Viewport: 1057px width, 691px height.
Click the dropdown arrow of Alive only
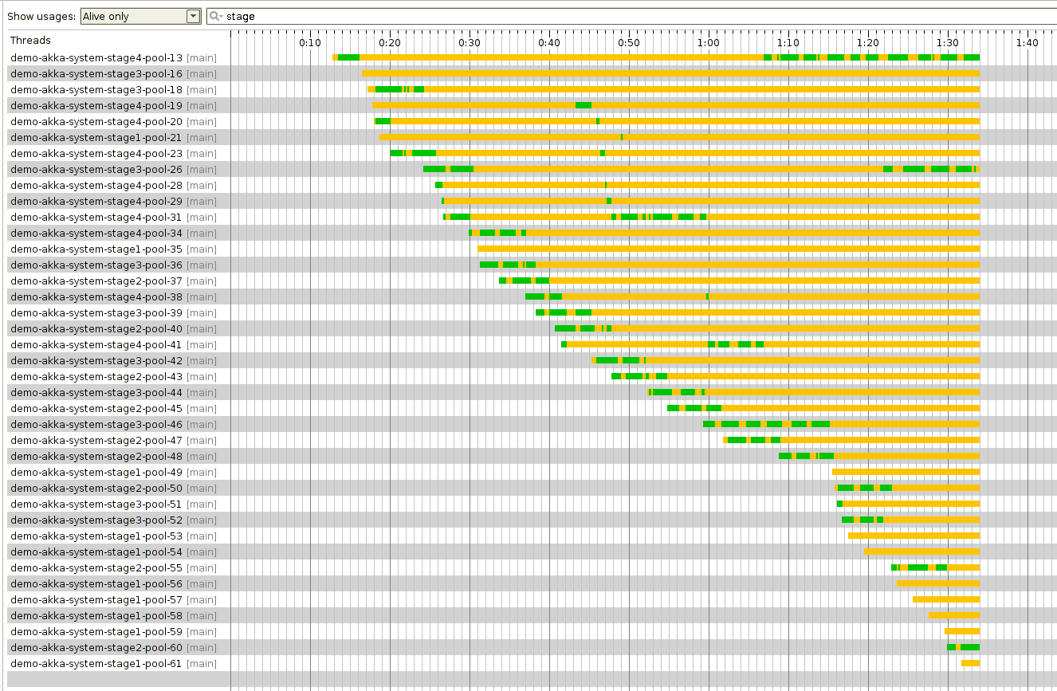(193, 17)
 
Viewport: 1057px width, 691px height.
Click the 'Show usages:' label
(41, 17)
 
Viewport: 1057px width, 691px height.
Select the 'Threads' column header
(30, 41)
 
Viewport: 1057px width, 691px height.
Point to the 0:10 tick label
(310, 43)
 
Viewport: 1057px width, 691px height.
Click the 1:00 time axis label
(709, 43)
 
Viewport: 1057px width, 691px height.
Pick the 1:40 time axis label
(1028, 43)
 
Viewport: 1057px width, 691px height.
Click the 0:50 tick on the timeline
(629, 43)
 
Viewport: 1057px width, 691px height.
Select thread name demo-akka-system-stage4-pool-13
(96, 58)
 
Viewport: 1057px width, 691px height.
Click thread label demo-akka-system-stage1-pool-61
(96, 664)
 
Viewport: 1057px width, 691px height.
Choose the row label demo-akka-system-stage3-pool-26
(96, 170)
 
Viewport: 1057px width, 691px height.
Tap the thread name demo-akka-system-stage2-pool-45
(96, 409)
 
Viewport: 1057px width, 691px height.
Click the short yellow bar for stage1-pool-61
(970, 663)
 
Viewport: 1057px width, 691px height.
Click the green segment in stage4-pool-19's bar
(584, 105)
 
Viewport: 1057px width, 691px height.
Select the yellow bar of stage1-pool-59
(962, 631)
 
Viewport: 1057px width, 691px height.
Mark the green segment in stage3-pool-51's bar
(839, 504)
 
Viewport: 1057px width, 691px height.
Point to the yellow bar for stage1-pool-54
(921, 552)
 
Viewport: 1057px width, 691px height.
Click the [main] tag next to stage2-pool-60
(201, 648)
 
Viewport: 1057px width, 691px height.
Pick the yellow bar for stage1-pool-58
(954, 615)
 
